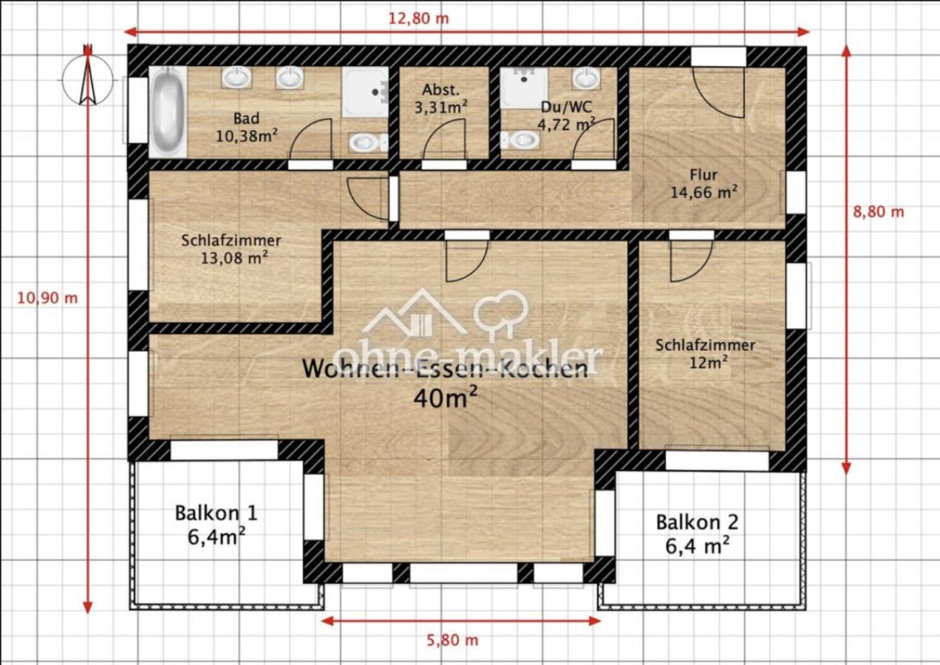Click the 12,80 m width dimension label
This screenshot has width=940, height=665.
tap(418, 18)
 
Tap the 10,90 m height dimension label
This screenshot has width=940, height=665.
tap(47, 299)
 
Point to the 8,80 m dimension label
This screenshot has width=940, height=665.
tap(879, 212)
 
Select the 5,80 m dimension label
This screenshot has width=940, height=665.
tap(452, 640)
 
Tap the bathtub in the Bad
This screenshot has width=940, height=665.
tap(168, 112)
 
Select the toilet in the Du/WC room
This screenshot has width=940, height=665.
tap(520, 140)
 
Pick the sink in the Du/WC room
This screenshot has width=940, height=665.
tap(587, 78)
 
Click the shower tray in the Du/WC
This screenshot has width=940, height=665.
tap(524, 88)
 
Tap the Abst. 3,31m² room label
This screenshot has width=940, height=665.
tap(440, 99)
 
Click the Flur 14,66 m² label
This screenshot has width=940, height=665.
tap(704, 183)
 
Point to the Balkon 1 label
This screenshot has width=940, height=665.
tap(216, 525)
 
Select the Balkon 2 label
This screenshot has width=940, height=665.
tap(697, 533)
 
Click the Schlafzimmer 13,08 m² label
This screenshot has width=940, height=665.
tap(231, 249)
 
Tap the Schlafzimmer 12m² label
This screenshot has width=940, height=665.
tap(706, 354)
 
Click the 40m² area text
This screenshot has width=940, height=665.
tap(446, 397)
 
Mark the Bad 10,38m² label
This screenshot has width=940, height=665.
tap(246, 127)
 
